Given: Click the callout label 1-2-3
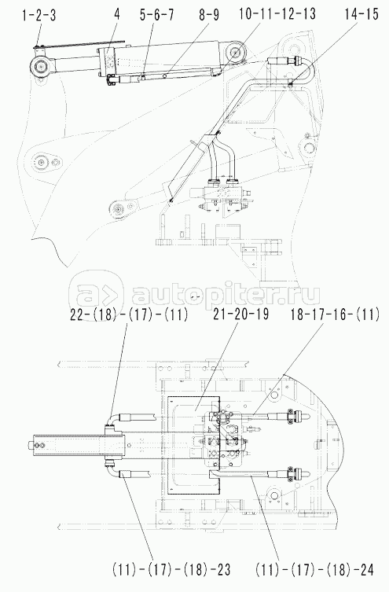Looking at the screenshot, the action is [x=39, y=17].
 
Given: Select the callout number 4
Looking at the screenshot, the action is [x=117, y=16].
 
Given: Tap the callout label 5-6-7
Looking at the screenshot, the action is [x=157, y=16].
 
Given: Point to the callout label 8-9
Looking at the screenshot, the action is [x=207, y=16].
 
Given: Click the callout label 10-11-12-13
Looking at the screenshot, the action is [x=277, y=14].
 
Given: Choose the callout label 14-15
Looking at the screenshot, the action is [x=361, y=15].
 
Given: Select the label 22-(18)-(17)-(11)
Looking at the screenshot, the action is [x=129, y=315].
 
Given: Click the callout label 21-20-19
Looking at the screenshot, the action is [x=241, y=314].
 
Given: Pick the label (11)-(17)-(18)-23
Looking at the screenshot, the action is [x=171, y=570].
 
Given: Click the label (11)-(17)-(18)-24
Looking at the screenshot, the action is [x=314, y=570].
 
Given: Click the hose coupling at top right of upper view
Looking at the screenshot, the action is [x=285, y=61].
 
